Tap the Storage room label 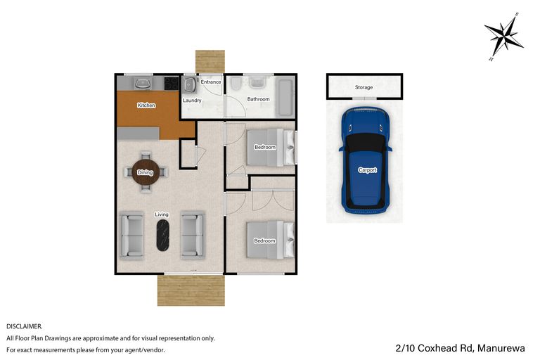[x=364, y=87]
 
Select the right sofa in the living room [x=192, y=235]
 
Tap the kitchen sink [x=143, y=84]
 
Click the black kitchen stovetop [x=171, y=84]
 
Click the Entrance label [x=211, y=82]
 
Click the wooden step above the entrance [x=209, y=60]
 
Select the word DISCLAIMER [x=24, y=326]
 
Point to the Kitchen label [x=146, y=105]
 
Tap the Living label [x=162, y=214]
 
